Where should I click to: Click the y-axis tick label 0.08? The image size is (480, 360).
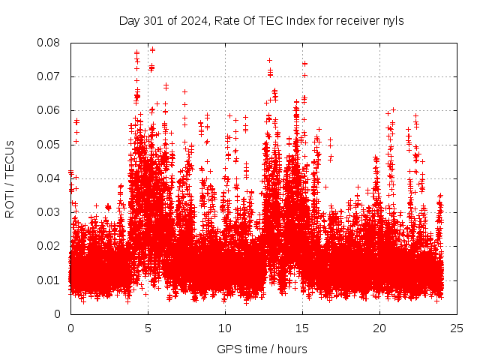(x=51, y=43)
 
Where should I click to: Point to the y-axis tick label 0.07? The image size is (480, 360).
(x=51, y=76)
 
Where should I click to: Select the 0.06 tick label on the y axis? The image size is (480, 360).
(x=51, y=110)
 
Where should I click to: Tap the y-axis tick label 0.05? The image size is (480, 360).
(x=51, y=144)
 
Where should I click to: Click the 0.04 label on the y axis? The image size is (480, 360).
(x=51, y=178)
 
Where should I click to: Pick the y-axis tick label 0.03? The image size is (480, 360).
(x=51, y=212)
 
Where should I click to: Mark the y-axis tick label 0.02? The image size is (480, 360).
(x=51, y=246)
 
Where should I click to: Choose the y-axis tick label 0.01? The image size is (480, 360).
(x=51, y=280)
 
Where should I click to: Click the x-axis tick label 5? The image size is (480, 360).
(x=148, y=328)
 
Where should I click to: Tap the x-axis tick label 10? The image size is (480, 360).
(x=225, y=328)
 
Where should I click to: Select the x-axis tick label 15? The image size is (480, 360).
(x=302, y=328)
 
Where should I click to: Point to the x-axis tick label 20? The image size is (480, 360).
(x=379, y=328)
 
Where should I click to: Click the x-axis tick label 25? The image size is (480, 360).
(x=457, y=328)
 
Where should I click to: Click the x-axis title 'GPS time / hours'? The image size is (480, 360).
(x=262, y=349)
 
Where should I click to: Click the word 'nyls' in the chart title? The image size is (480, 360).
(x=393, y=20)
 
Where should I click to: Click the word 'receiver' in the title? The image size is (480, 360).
(x=355, y=20)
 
